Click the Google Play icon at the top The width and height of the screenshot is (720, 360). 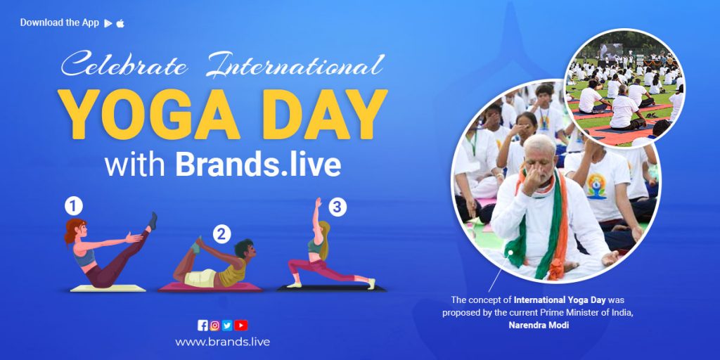pyautogui.click(x=108, y=23)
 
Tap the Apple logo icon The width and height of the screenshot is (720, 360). pyautogui.click(x=120, y=23)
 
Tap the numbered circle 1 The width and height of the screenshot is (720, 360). pyautogui.click(x=74, y=206)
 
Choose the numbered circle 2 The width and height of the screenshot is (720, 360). pyautogui.click(x=222, y=233)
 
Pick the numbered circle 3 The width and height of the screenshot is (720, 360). pyautogui.click(x=338, y=207)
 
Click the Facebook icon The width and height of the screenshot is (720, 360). pyautogui.click(x=203, y=325)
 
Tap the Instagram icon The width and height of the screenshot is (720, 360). pyautogui.click(x=215, y=325)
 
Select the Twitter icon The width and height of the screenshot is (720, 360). pyautogui.click(x=227, y=325)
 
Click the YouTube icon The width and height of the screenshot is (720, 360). pyautogui.click(x=241, y=325)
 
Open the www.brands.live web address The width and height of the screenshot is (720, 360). pyautogui.click(x=222, y=342)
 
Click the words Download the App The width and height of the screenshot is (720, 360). pyautogui.click(x=60, y=22)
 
